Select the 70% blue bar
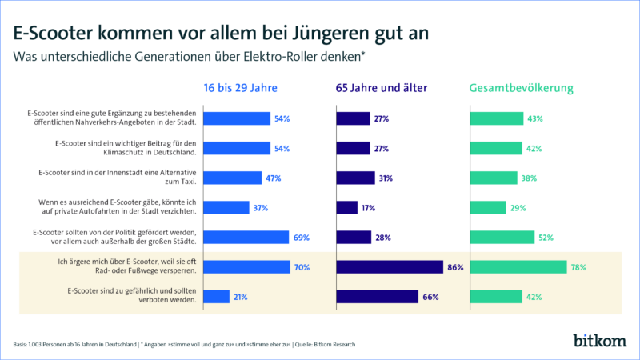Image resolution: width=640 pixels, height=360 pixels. tap(247, 267)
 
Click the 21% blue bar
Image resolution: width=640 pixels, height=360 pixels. tap(218, 297)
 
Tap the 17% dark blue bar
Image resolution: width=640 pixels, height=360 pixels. tap(346, 208)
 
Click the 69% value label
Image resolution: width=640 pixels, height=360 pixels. tap(301, 238)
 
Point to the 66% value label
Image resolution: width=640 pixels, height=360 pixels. tap(430, 297)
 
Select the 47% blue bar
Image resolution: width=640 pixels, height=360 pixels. tap(234, 178)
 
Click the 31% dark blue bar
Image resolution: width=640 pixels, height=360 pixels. tap(355, 178)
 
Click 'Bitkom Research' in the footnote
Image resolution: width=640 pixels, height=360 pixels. tap(333, 344)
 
